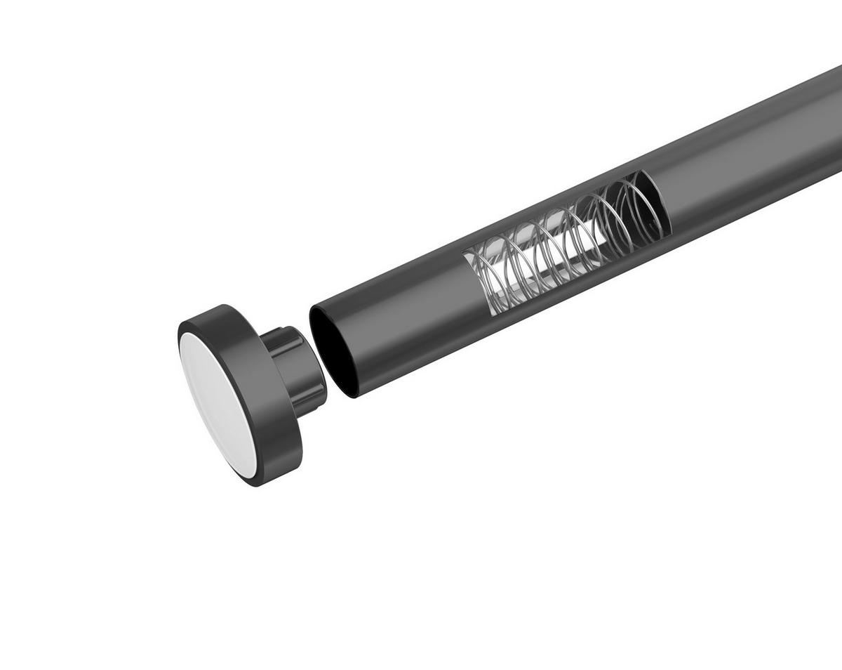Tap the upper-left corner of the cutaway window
[465, 253]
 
